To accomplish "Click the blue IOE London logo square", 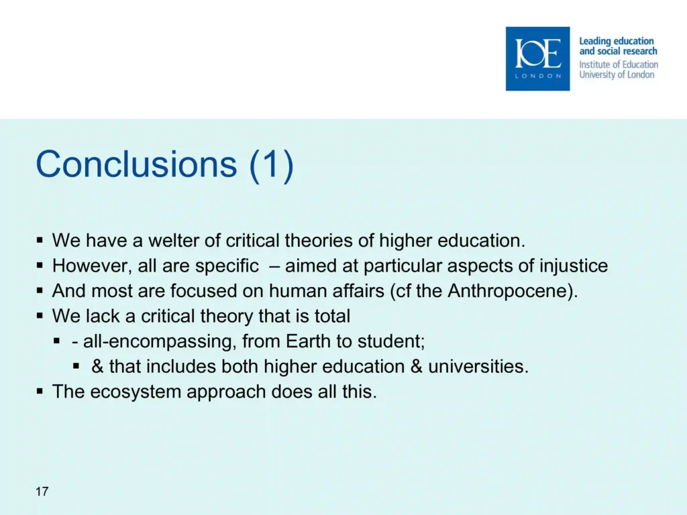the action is [537, 59].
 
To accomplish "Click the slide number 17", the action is [42, 492].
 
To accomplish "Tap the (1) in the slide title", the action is [271, 165].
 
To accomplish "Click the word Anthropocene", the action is [508, 291].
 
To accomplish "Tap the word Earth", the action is [308, 341].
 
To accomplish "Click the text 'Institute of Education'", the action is [619, 64].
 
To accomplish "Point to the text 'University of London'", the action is [617, 74].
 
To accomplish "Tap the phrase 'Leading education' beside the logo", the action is [617, 41].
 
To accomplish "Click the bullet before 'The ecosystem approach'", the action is [40, 391].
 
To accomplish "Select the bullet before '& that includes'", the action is [76, 365].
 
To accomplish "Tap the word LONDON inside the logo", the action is [537, 76].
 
